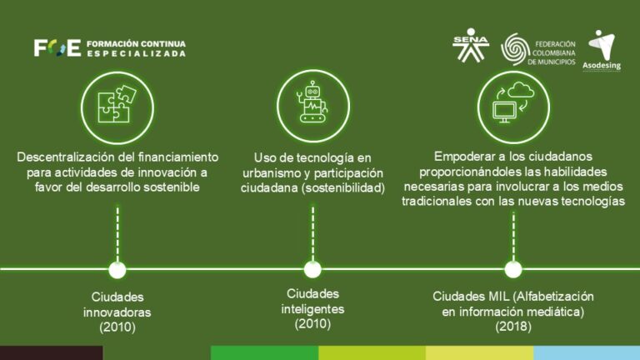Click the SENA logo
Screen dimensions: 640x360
pos(471,45)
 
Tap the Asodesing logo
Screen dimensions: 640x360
pos(602,49)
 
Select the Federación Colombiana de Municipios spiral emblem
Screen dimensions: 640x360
pos(515,49)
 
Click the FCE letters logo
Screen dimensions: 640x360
pos(57,48)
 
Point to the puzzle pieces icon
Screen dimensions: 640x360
pos(117,104)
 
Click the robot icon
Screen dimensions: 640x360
pos(312,102)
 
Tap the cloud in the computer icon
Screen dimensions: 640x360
pos(520,90)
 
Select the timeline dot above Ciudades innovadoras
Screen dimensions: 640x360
pos(117,270)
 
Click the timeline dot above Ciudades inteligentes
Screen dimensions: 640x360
pos(312,269)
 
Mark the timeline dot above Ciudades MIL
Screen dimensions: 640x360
pos(513,269)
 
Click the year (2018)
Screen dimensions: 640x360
pos(513,327)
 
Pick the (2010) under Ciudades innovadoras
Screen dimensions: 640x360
pos(117,327)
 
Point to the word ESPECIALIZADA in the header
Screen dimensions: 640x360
pos(136,53)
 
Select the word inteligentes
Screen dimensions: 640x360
pos(312,309)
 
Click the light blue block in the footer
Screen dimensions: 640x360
pos(587,352)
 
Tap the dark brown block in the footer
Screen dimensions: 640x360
pos(52,352)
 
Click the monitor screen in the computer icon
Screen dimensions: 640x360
pos(504,110)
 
